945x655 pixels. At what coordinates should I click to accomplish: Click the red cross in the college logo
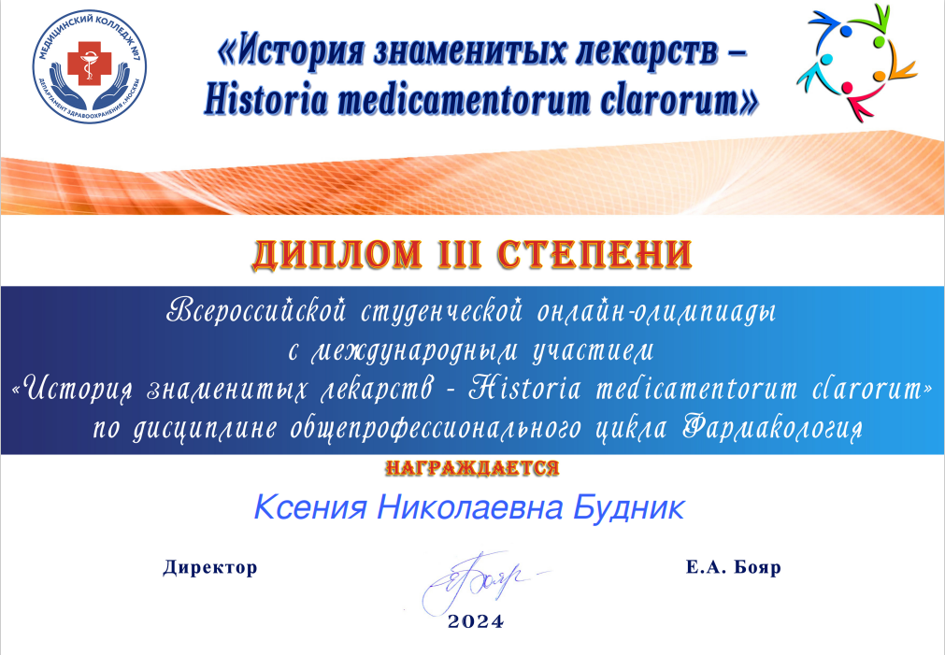(89, 64)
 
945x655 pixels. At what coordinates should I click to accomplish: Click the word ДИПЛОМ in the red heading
(336, 255)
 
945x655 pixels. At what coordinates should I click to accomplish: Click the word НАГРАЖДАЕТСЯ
(472, 468)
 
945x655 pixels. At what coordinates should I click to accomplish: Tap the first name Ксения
(309, 507)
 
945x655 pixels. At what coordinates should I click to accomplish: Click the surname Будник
(628, 507)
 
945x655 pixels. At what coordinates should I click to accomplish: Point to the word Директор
(209, 567)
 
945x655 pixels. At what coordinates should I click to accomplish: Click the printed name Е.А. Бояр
(734, 567)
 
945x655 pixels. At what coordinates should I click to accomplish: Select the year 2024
(475, 622)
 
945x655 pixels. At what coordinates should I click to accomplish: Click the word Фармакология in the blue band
(773, 429)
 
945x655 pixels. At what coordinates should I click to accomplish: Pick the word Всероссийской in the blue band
(257, 311)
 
